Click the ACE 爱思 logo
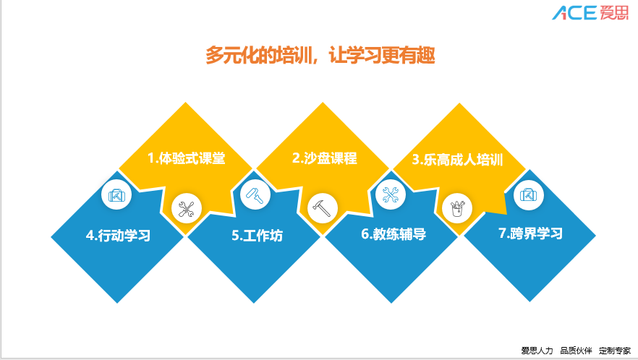coord(590,12)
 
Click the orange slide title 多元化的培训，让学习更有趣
coord(320,55)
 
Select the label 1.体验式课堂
coord(187,158)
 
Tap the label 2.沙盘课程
coord(325,158)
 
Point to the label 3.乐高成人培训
coord(457,160)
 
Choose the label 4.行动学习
coord(118,235)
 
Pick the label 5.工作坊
coord(257,235)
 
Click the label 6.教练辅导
coord(394,234)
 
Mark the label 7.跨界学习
coord(531,233)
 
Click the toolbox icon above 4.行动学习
coord(116,195)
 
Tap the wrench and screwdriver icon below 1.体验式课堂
coord(187,208)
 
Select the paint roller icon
coord(255,194)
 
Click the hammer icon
coord(323,208)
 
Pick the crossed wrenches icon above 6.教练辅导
coord(391,194)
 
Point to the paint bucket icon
coord(457,208)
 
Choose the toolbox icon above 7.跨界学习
coord(529,195)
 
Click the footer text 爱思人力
coord(537,350)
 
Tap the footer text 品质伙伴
coord(576,350)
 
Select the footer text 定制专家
coord(614,350)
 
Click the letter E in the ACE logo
coord(588,12)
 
